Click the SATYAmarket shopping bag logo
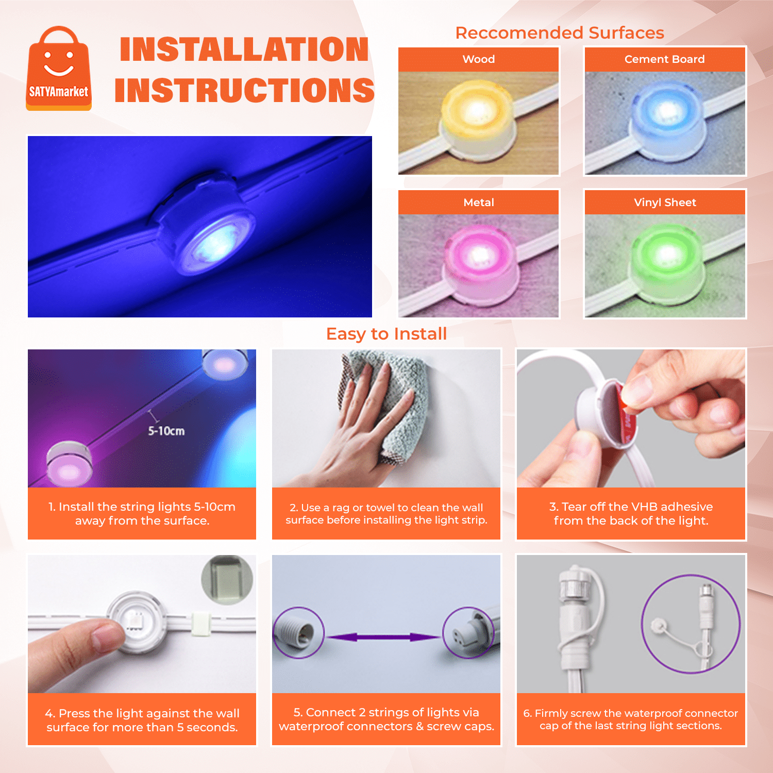[59, 68]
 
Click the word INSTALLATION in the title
[244, 49]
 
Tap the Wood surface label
[479, 59]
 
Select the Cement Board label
[665, 59]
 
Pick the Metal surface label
[479, 203]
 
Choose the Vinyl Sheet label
[665, 203]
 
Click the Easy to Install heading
[386, 334]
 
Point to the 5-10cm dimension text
[166, 431]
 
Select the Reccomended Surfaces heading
[560, 33]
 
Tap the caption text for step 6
[631, 719]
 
